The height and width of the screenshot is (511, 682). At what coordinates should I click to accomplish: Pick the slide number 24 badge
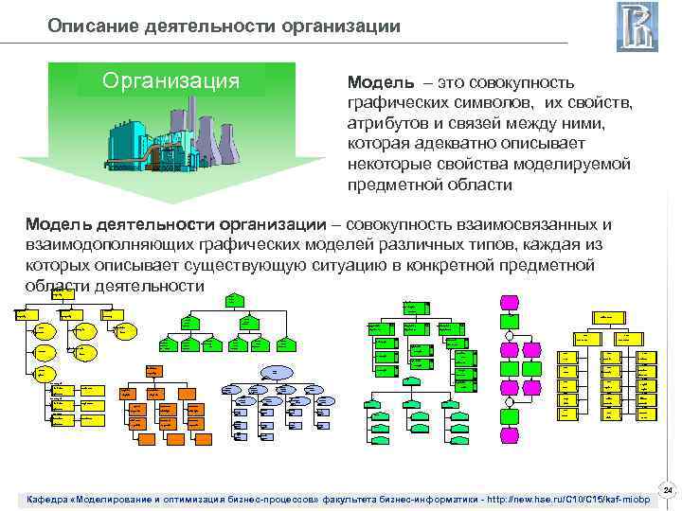click(x=667, y=490)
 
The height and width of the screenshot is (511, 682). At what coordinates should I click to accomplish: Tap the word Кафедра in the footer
click(x=54, y=499)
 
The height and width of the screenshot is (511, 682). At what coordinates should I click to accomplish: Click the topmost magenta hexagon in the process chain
click(x=510, y=302)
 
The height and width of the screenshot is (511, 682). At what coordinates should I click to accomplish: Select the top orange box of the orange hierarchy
click(x=152, y=372)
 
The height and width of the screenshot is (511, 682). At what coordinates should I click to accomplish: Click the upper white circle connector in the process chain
click(x=510, y=334)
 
